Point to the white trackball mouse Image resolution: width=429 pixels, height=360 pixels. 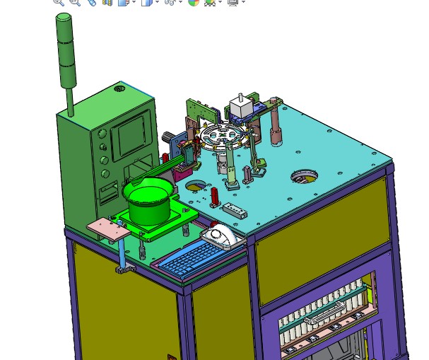tap(222, 237)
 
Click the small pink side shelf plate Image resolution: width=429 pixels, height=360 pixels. tap(106, 228)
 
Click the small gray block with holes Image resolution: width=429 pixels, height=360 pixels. tap(235, 209)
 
